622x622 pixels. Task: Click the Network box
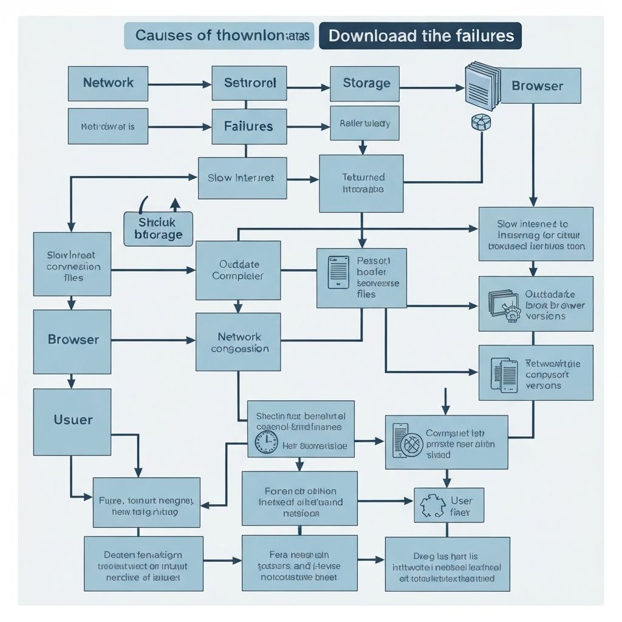tap(108, 83)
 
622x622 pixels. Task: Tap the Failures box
tap(249, 126)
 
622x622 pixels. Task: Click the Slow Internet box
tap(242, 178)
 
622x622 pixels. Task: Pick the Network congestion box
tap(238, 342)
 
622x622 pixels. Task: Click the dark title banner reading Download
tap(420, 36)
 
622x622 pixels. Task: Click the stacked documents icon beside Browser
tap(482, 84)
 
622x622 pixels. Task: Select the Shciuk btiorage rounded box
tap(158, 229)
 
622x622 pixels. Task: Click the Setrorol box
tap(249, 83)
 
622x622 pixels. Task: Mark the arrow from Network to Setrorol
tap(180, 84)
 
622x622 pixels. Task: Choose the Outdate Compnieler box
tap(238, 270)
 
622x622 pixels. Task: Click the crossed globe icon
tap(412, 446)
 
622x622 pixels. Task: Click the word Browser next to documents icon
tap(538, 86)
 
